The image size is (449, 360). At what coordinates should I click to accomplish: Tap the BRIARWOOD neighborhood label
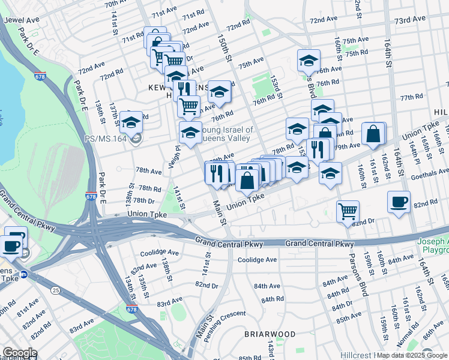[270, 334]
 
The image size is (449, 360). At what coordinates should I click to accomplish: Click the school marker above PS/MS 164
[131, 122]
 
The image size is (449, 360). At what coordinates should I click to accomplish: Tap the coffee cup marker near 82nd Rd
[399, 202]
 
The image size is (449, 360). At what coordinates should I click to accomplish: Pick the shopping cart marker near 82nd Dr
[348, 212]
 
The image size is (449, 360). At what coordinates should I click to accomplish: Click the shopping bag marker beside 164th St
[373, 135]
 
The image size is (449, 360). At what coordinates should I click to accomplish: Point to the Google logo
[19, 353]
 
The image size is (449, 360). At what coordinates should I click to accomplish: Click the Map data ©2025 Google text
[412, 355]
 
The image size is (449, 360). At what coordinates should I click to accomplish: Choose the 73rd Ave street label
[410, 20]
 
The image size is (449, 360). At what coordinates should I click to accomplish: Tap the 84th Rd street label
[272, 299]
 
